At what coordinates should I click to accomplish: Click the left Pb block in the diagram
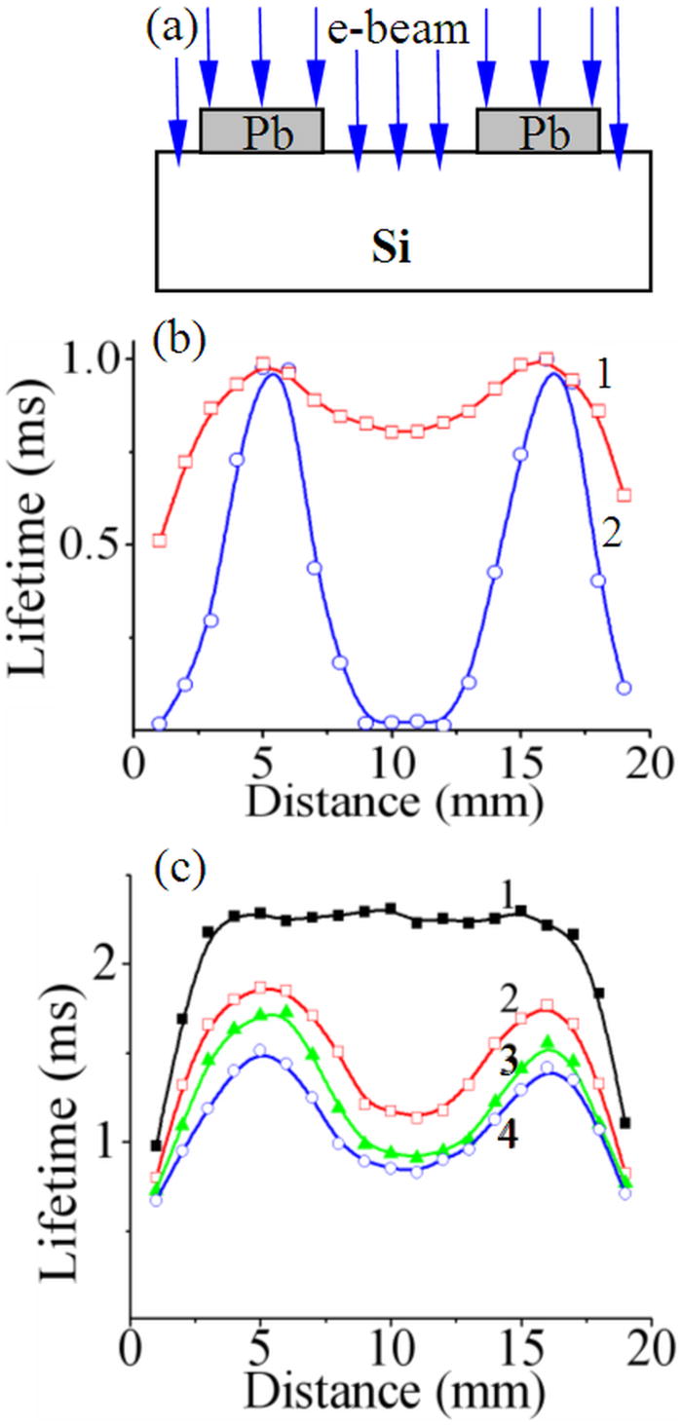pos(261,131)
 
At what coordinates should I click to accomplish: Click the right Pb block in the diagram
pos(538,131)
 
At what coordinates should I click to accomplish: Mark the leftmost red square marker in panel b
pos(160,540)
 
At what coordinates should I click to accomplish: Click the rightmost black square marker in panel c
pos(625,1122)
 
